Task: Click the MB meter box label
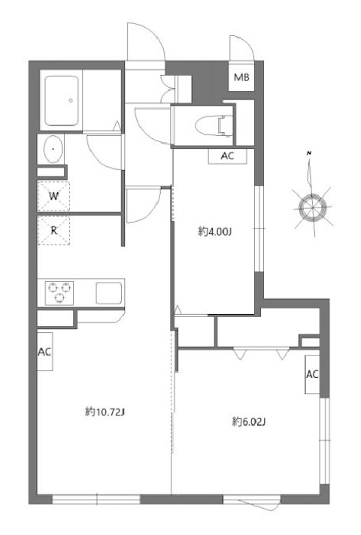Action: (x=241, y=77)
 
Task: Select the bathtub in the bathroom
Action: (x=62, y=101)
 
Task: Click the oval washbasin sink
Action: (x=53, y=149)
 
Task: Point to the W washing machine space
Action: (x=53, y=197)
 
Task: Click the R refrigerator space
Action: (x=53, y=231)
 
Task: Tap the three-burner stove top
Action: (x=59, y=293)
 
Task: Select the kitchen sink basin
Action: (x=109, y=293)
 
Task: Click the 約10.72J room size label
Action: (x=105, y=413)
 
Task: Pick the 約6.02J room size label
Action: (x=249, y=422)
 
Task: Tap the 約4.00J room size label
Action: (x=215, y=233)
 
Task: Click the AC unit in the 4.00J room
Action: (x=227, y=156)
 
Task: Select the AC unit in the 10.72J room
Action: (x=44, y=352)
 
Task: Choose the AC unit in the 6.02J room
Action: (x=312, y=374)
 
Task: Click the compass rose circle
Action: (x=313, y=207)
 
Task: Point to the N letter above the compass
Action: (x=309, y=153)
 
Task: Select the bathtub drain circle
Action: (x=71, y=101)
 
